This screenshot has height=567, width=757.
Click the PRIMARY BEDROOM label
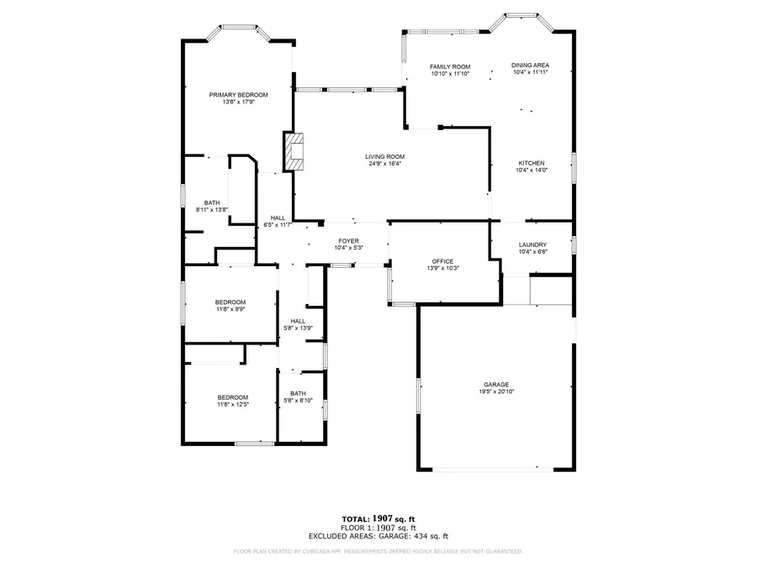(x=239, y=95)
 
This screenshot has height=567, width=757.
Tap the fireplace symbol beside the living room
(x=294, y=151)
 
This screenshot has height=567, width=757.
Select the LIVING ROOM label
(x=384, y=157)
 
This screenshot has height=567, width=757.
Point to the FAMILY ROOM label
(x=450, y=67)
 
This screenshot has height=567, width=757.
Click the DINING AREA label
(x=530, y=65)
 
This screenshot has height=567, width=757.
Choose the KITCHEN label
(x=532, y=164)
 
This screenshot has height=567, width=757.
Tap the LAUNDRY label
(x=532, y=245)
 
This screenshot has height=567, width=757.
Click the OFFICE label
(x=442, y=261)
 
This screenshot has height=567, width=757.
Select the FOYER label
(x=348, y=241)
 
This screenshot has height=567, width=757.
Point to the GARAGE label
(x=496, y=385)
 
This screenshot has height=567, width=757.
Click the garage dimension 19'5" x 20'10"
(x=496, y=391)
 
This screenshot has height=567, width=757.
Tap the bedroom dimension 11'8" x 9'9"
(x=230, y=309)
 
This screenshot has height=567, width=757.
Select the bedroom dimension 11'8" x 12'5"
(x=233, y=405)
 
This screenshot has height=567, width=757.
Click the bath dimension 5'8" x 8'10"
(x=298, y=400)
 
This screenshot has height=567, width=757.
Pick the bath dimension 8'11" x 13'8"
(x=211, y=210)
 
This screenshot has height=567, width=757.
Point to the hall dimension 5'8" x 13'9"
(x=298, y=328)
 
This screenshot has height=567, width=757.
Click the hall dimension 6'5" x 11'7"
(x=278, y=224)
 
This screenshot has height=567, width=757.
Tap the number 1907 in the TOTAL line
(x=382, y=519)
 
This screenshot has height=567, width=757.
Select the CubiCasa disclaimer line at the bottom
(x=378, y=552)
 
